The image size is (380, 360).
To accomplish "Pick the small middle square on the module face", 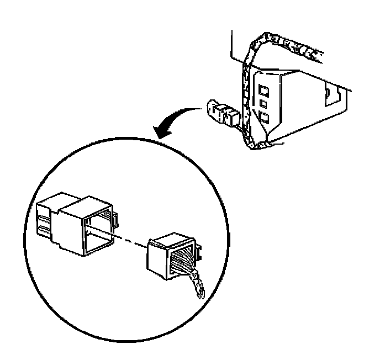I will (263, 103).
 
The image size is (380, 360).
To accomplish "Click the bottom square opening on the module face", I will (264, 117).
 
